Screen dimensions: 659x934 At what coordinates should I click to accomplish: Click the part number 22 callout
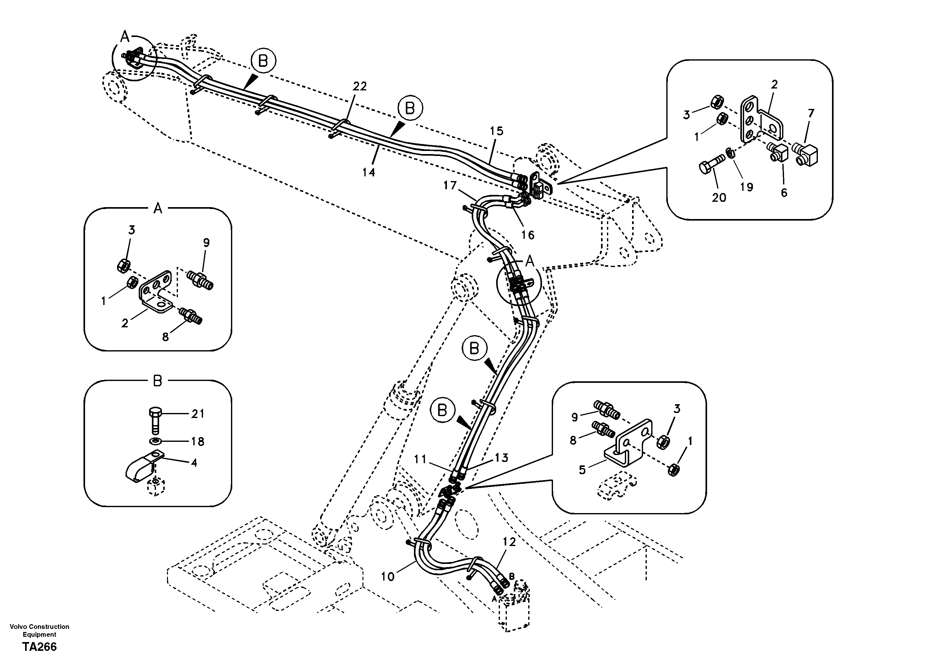point(360,86)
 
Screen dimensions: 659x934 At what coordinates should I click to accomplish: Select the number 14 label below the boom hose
point(368,173)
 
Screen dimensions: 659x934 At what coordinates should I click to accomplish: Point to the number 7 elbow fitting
point(806,155)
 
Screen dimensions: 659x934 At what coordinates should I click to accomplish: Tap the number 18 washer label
point(198,441)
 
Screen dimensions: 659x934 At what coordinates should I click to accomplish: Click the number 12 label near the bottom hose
point(509,542)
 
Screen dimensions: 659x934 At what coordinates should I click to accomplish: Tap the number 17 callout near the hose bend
point(450,186)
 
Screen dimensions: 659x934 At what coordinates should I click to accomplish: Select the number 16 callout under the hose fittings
point(528,235)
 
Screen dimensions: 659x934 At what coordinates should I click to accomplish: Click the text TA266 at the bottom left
point(40,646)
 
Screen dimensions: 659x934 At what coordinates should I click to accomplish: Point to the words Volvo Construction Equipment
point(40,630)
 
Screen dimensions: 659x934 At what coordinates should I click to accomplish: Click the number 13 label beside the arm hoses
point(502,458)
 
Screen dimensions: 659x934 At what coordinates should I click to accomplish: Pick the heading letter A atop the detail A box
point(158,209)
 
